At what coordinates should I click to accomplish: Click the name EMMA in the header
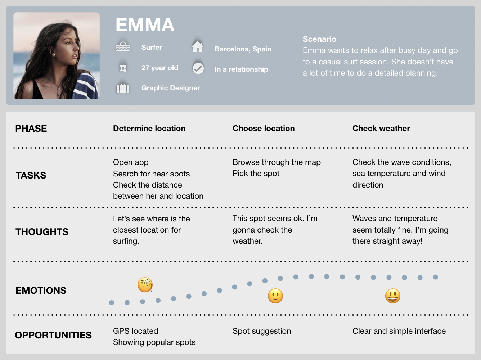[x=145, y=25]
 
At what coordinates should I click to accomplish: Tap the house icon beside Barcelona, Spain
[x=198, y=46]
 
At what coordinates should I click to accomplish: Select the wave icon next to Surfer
[x=123, y=47]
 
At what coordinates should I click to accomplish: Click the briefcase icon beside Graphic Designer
[x=123, y=88]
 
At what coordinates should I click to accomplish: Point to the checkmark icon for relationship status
[x=198, y=68]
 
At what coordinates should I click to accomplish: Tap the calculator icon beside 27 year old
[x=123, y=67]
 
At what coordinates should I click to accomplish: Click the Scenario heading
[x=319, y=39]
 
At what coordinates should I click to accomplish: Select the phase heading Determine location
[x=149, y=129]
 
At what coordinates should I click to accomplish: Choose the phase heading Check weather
[x=381, y=129]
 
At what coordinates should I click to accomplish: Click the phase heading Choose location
[x=264, y=129]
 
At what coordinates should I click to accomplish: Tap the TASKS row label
[x=31, y=175]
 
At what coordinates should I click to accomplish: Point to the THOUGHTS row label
[x=42, y=232]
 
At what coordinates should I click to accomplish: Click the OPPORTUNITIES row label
[x=53, y=335]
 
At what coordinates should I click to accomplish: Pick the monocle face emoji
[x=145, y=285]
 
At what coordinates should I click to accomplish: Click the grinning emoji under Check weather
[x=392, y=296]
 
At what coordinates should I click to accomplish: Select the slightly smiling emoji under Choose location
[x=275, y=296]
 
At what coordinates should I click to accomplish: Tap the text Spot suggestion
[x=262, y=331]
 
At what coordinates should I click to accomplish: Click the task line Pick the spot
[x=256, y=174]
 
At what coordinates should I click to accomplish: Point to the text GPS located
[x=135, y=331]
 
